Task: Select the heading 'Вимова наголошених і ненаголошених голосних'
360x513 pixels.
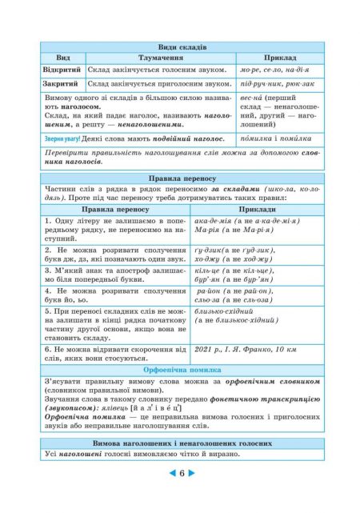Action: click(180, 443)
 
